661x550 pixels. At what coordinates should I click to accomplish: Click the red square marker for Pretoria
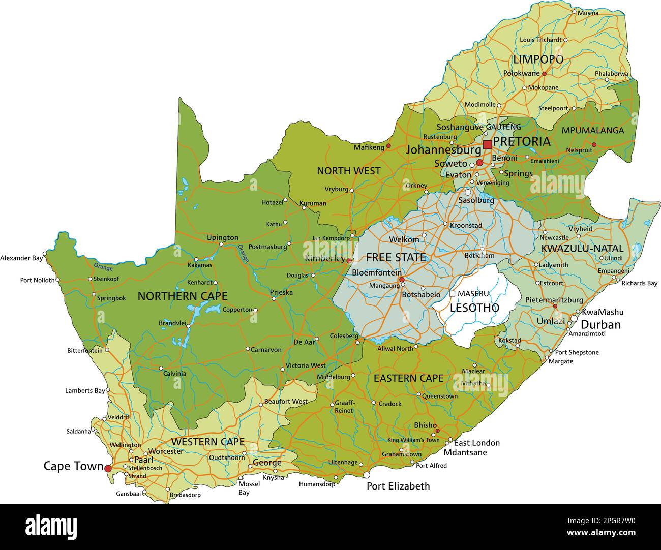[487, 145]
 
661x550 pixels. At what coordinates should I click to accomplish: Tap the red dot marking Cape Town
[108, 468]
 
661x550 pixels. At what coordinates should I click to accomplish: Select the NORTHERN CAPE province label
[183, 296]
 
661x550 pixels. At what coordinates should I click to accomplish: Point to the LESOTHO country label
[474, 308]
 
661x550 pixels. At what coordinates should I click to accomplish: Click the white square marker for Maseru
[452, 293]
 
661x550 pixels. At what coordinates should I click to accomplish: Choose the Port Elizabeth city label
[398, 486]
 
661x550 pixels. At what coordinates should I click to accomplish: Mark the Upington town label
[222, 237]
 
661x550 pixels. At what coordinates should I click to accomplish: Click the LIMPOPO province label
[538, 59]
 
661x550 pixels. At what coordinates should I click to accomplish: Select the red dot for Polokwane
[544, 74]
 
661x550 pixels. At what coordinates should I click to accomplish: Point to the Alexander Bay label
[21, 258]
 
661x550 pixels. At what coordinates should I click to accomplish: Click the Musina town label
[588, 13]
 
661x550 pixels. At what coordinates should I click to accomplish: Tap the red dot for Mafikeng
[388, 146]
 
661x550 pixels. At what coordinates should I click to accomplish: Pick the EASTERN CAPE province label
[408, 378]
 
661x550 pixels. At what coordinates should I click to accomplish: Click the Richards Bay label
[639, 283]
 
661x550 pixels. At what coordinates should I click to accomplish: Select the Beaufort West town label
[285, 402]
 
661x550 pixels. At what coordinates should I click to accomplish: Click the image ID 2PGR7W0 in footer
[610, 520]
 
